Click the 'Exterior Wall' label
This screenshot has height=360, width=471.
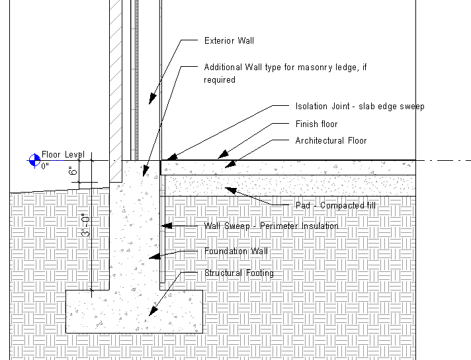228,41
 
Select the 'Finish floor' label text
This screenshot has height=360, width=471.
316,124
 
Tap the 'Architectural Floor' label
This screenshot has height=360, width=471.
331,141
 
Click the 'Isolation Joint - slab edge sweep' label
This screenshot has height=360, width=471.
360,107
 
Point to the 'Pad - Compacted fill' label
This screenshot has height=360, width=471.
335,206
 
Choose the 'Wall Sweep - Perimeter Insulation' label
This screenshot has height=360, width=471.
271,226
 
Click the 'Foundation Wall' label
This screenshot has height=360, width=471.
235,251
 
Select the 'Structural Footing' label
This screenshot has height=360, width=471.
239,273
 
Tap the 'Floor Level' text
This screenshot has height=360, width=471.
63,155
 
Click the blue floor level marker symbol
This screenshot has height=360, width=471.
33,159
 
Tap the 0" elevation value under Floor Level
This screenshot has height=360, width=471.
45,166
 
